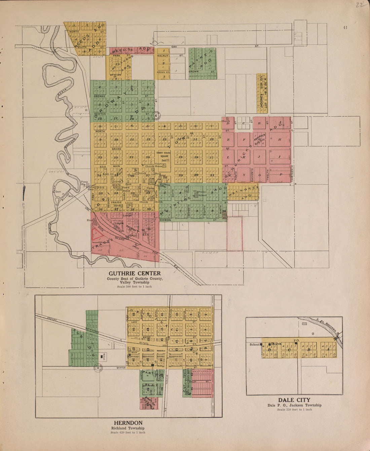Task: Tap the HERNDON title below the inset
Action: coord(128,423)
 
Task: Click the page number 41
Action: coord(345,28)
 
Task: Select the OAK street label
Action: coord(174,47)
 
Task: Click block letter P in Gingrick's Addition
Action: coord(280,174)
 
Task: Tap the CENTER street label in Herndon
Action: coord(121,368)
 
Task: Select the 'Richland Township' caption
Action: coord(128,428)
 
